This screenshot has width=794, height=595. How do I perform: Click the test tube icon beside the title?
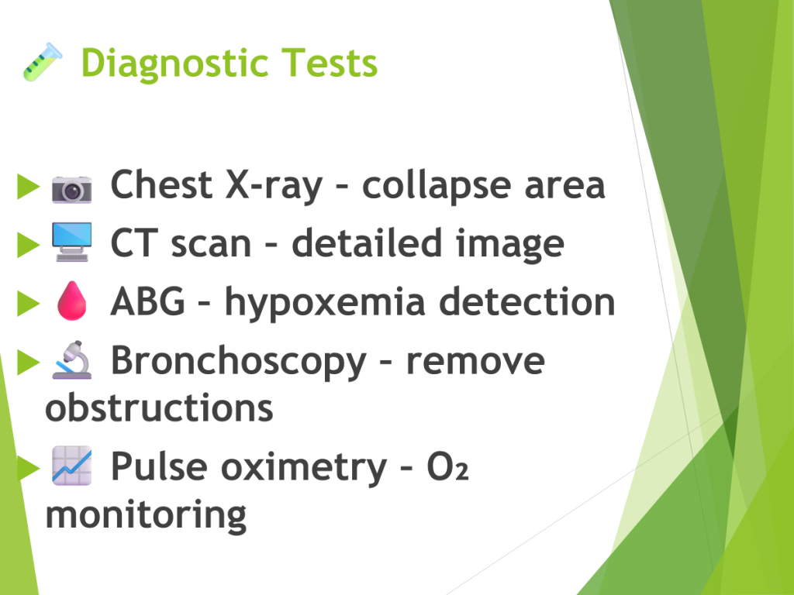[x=43, y=62]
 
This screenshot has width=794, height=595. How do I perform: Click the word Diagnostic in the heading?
[x=174, y=64]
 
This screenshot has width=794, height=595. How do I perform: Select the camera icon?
[x=72, y=189]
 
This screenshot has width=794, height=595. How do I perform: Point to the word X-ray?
[x=274, y=186]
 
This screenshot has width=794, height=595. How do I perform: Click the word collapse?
[x=437, y=186]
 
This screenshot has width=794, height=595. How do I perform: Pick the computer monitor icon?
[x=72, y=242]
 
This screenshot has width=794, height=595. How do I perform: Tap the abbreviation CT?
[x=131, y=243]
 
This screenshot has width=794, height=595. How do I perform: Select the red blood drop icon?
[x=72, y=301]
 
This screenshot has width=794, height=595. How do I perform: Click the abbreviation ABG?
[x=148, y=301]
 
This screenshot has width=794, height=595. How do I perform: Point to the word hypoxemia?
[x=325, y=303]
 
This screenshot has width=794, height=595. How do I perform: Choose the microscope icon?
[x=72, y=359]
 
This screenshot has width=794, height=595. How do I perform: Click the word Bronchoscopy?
[x=239, y=361]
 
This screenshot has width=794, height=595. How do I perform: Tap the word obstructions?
[x=159, y=407]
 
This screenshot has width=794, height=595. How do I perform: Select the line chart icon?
[x=72, y=466]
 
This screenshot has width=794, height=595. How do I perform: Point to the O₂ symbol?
[x=447, y=466]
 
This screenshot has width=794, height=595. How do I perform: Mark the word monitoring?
[x=146, y=515]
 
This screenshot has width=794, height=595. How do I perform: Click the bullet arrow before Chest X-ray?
[x=29, y=186]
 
